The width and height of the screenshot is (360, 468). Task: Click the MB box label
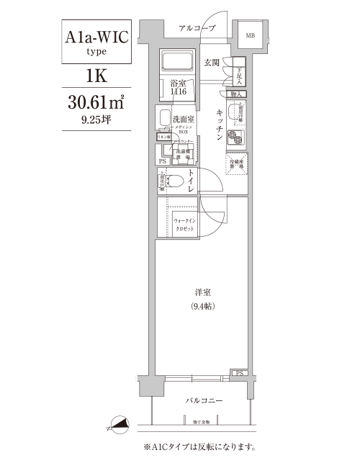251,35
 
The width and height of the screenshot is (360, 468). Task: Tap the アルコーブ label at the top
197,27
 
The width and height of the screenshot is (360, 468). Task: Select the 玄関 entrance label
212,63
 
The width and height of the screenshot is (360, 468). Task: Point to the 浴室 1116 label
179,89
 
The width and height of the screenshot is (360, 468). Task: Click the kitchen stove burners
236,138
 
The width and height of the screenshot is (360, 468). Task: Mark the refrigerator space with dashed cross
236,163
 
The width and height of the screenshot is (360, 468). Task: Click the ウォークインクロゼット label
184,223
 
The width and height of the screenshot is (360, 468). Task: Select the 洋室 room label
202,293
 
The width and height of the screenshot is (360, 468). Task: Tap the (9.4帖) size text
202,307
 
